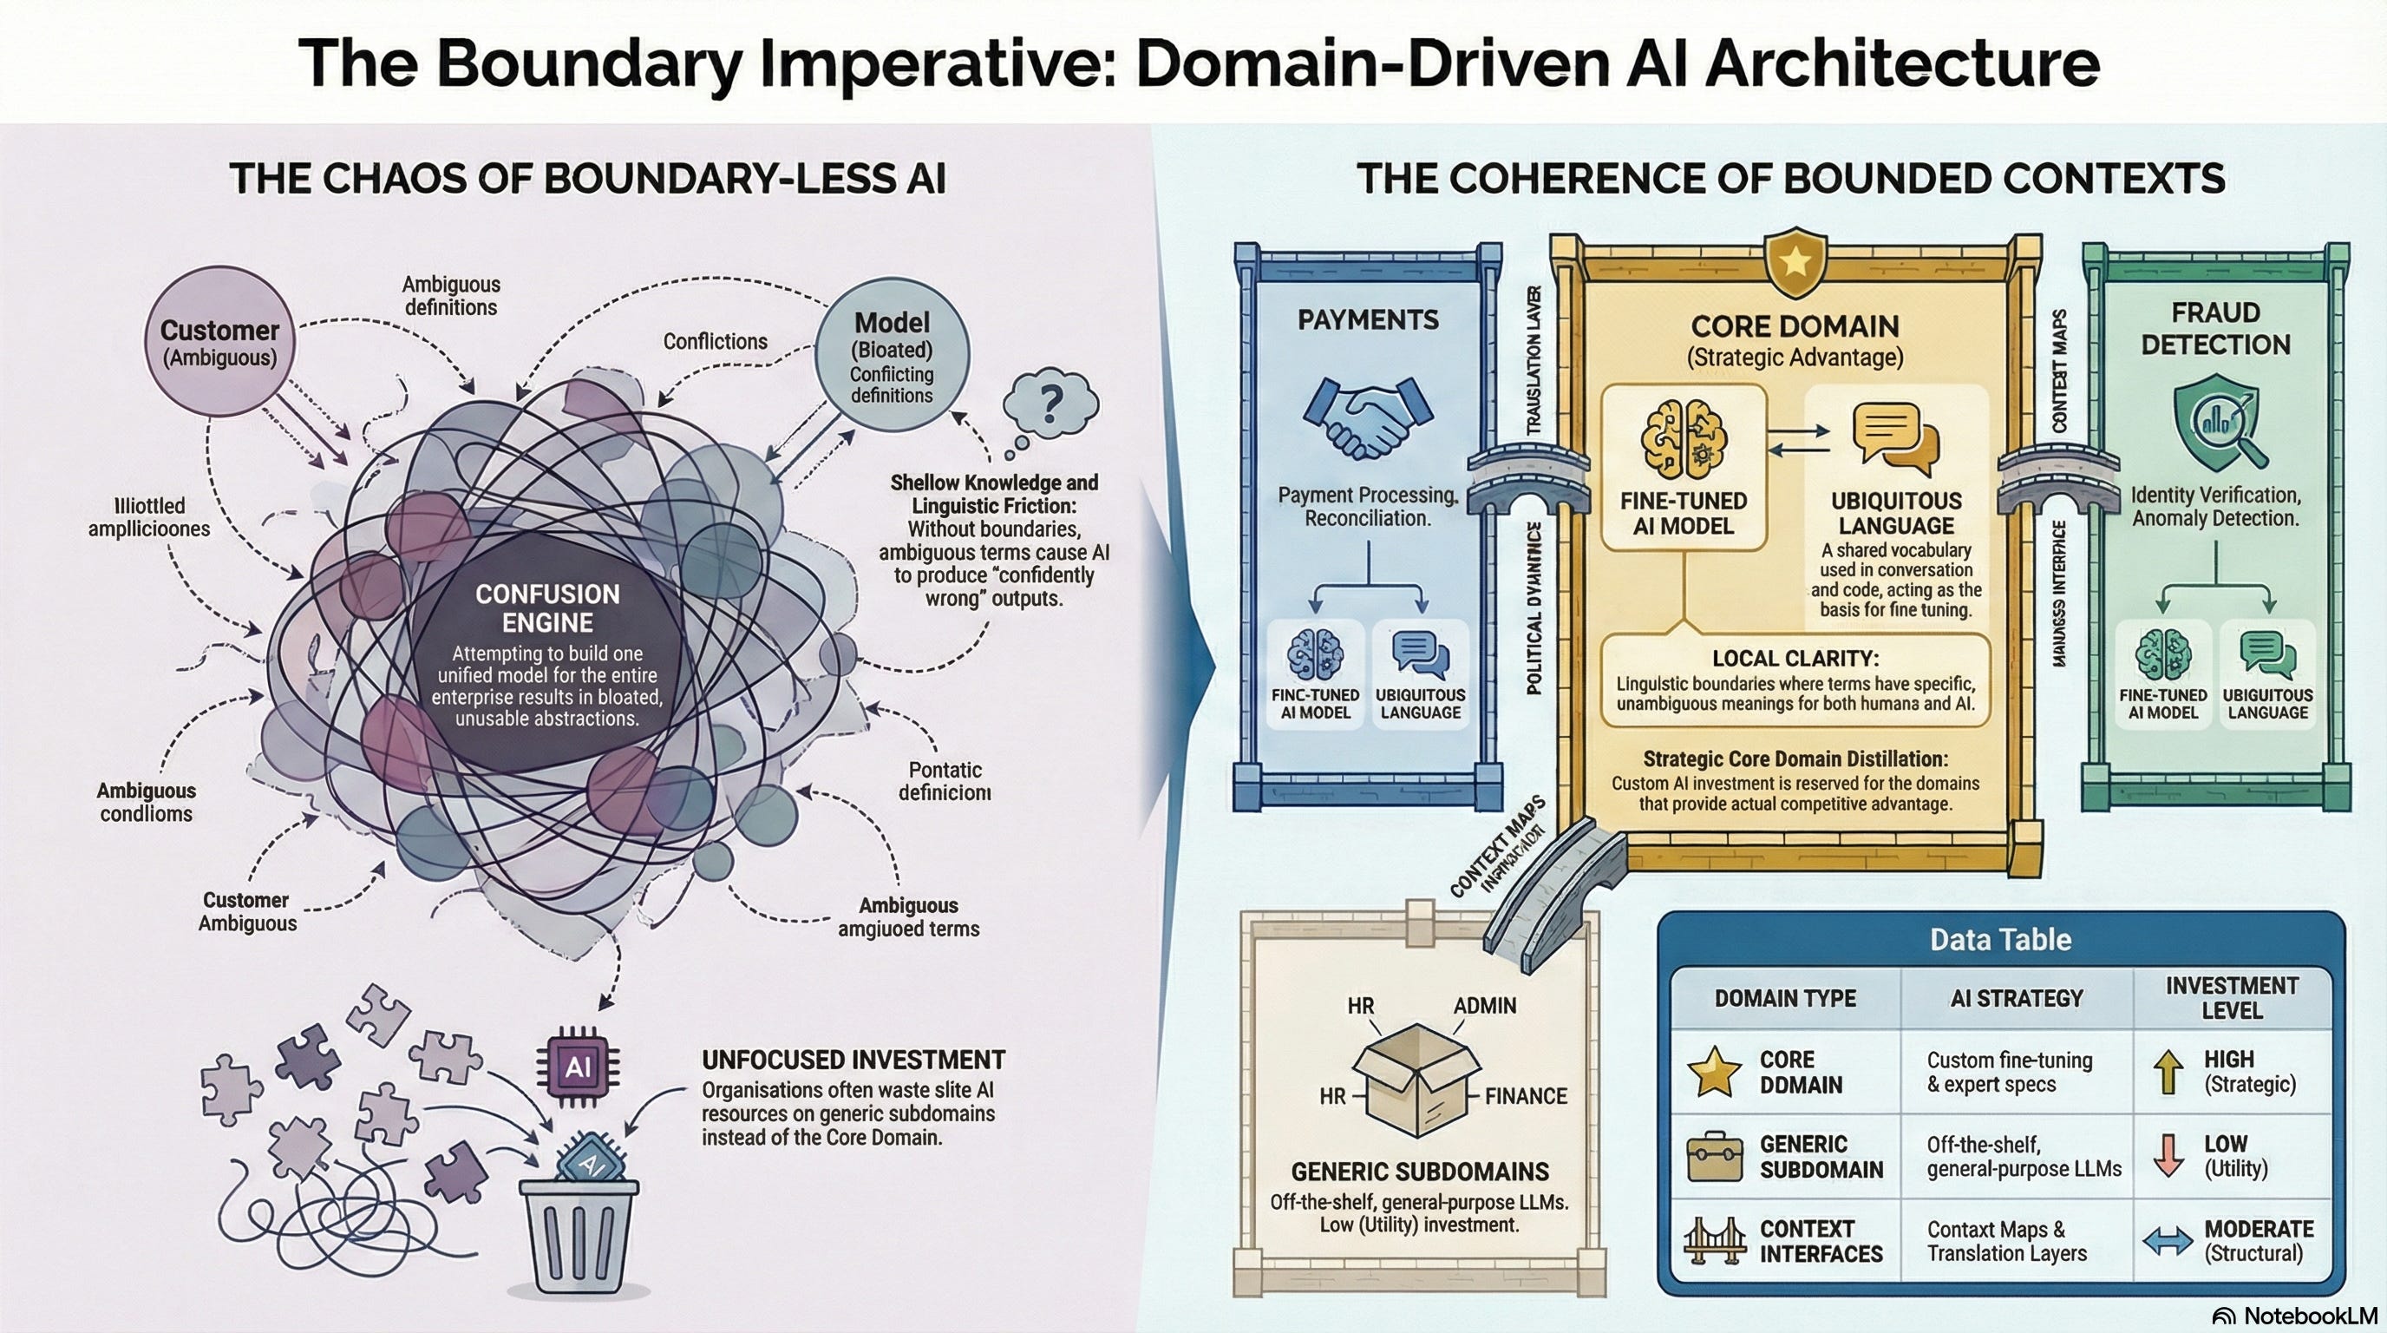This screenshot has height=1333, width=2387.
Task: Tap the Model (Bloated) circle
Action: [892, 356]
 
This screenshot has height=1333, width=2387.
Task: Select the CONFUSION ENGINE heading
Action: [546, 608]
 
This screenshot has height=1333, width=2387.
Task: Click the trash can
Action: [578, 1233]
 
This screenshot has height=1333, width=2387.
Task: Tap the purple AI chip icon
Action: [578, 1068]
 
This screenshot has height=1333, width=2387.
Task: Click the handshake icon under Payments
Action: [1368, 417]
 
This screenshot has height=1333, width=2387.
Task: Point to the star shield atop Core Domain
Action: [1795, 261]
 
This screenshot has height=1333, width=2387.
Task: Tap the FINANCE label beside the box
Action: [1525, 1097]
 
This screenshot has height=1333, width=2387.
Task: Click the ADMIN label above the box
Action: [1484, 1006]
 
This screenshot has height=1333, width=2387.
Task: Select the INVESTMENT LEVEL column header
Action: [2232, 997]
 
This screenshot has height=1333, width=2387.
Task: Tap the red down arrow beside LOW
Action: [2169, 1155]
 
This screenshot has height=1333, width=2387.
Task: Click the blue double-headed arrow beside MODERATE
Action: [2168, 1241]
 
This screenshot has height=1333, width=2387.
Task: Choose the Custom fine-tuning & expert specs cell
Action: [2009, 1072]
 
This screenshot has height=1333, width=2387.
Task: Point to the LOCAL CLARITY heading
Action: [1795, 658]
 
